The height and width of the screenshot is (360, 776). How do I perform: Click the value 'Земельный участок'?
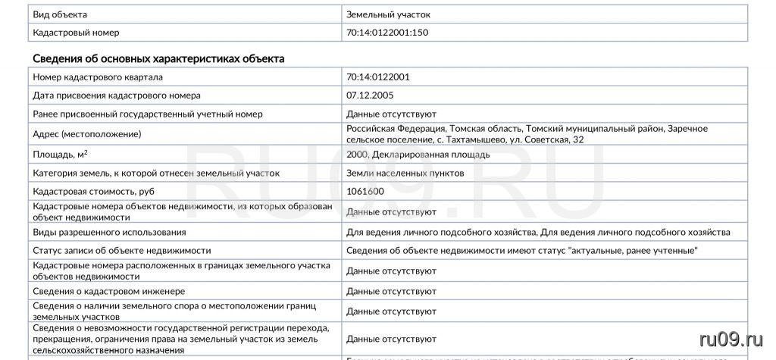pos(389,14)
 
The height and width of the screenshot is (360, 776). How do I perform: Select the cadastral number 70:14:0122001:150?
pos(392,33)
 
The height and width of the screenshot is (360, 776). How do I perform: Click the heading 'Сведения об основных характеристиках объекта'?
pos(158,58)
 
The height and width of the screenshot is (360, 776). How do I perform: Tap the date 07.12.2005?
pos(370,95)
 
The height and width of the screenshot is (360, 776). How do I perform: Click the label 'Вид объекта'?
pos(60,14)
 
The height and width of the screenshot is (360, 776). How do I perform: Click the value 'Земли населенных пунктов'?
pos(405,174)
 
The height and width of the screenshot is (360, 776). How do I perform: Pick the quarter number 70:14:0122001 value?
pos(378,77)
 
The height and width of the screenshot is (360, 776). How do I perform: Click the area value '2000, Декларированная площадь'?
pos(418,155)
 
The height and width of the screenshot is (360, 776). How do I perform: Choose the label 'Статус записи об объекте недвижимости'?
pos(122,250)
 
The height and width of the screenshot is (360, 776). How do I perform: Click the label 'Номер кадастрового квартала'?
pos(98,77)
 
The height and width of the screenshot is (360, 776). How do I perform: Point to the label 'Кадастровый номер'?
pos(76,33)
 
